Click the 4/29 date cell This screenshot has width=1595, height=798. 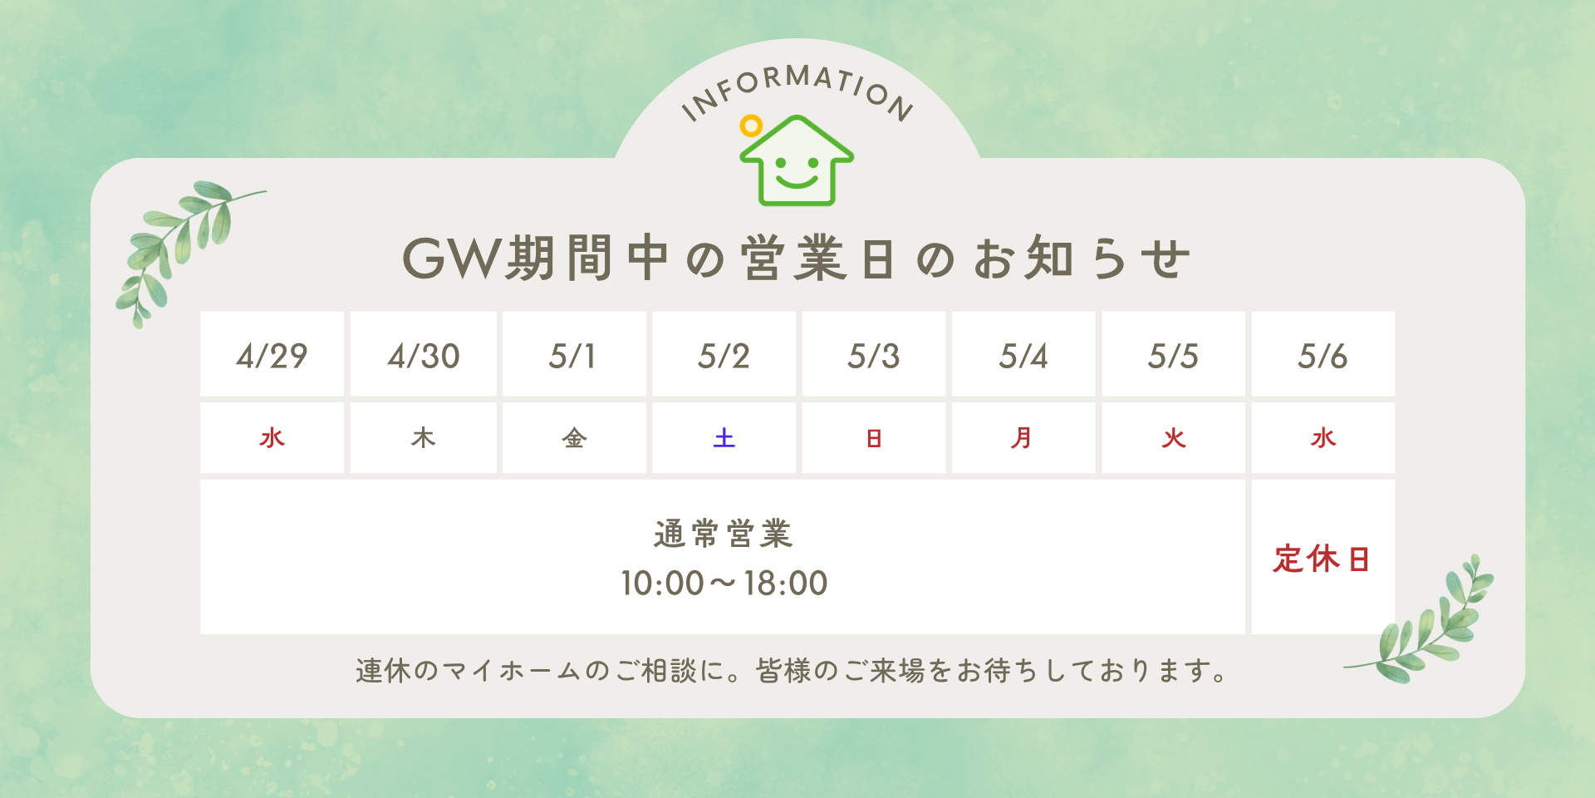tap(272, 354)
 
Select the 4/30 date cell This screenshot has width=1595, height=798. tap(423, 354)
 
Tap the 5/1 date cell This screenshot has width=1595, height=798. tap(574, 354)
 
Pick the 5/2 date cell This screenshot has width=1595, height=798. tap(724, 354)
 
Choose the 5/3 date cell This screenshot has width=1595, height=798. tap(874, 354)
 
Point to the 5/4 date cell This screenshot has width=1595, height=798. tap(1023, 354)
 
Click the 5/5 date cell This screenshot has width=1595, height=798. tap(1173, 354)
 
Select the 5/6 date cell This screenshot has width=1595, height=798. tap(1323, 354)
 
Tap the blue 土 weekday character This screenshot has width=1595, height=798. tap(724, 438)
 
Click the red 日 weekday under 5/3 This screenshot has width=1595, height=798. tap(874, 438)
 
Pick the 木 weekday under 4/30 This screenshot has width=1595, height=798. tap(423, 438)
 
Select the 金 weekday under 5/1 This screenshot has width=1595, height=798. tap(574, 438)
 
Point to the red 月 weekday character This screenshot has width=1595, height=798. tap(1022, 438)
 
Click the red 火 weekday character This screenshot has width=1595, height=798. tap(1174, 438)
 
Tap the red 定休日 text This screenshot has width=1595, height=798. tap(1321, 559)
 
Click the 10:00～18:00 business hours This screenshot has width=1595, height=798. tap(724, 584)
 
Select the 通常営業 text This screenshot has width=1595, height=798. tap(724, 534)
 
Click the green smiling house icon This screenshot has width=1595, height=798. tap(797, 160)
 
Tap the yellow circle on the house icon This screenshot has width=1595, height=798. tap(751, 126)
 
